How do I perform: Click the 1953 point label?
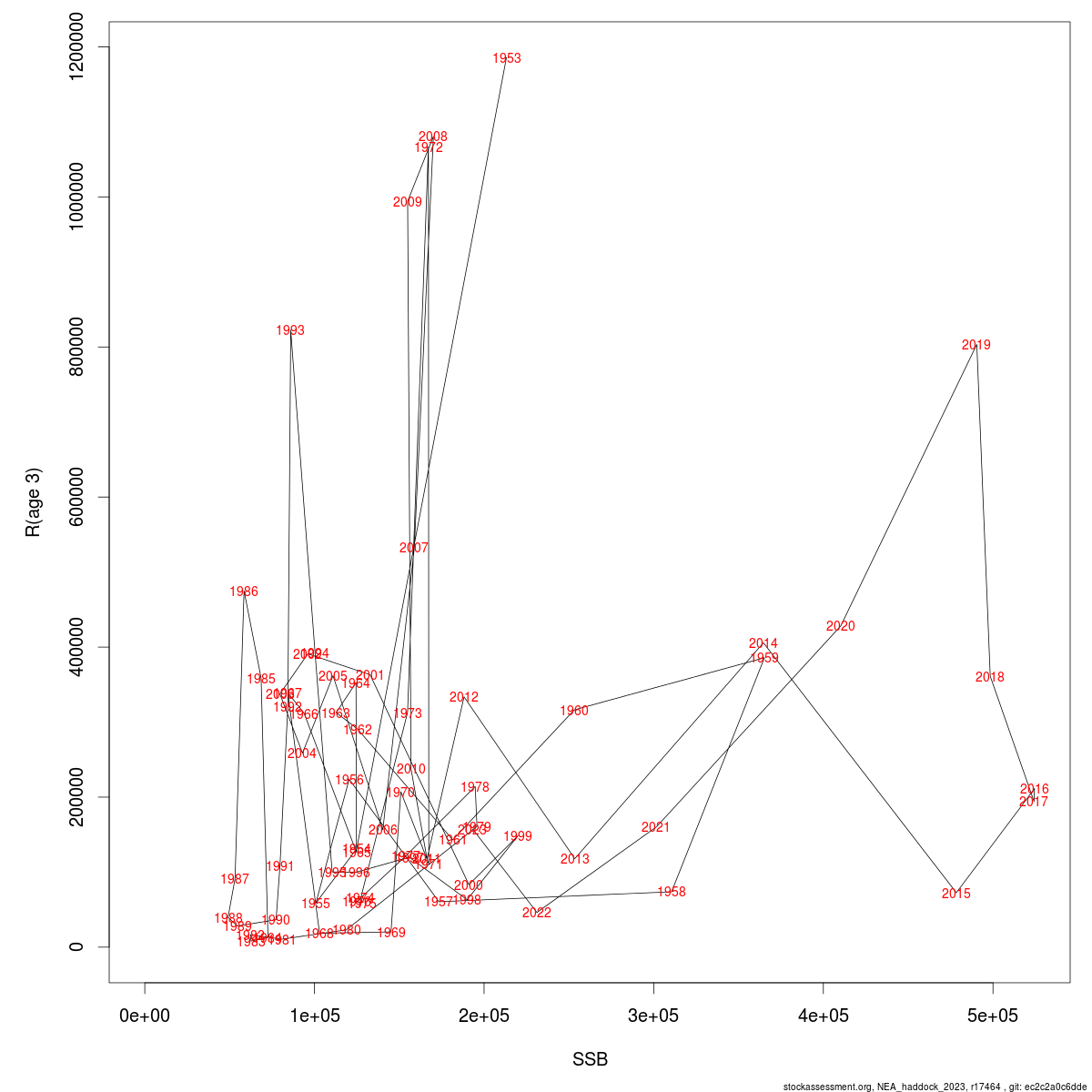coord(507,58)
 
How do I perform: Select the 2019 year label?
coord(976,345)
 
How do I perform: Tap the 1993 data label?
coord(290,330)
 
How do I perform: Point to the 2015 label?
coord(956,894)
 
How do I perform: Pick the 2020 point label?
coord(841,626)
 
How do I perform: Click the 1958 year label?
coord(672,892)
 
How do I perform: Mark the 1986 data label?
coord(244,591)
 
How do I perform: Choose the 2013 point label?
coord(575,859)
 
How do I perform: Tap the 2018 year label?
coord(990,677)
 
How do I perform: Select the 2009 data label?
coord(408,202)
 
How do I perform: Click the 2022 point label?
coord(537,913)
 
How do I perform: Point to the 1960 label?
coord(574,711)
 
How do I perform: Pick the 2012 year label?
coord(464,697)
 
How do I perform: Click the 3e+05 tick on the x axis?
coord(653,1016)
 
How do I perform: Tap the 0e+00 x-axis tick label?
coord(145,1016)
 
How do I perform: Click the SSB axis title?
coord(590,1059)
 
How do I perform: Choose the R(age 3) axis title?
coord(33,502)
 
